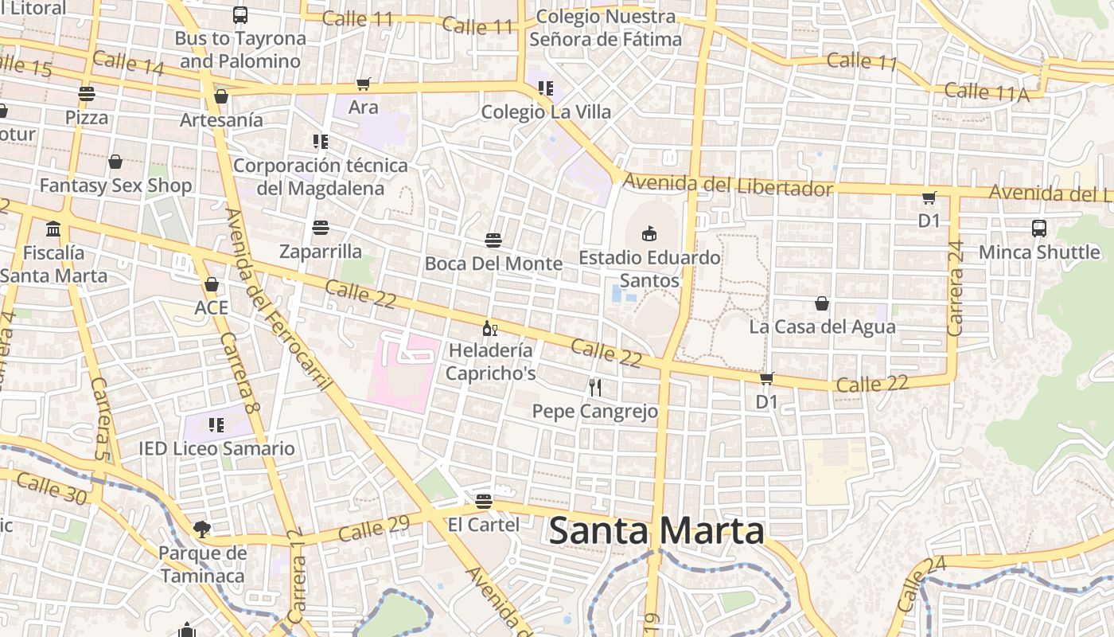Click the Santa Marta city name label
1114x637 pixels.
coord(656,531)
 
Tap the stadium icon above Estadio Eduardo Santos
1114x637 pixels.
coord(649,233)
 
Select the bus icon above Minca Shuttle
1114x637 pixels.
coord(1038,229)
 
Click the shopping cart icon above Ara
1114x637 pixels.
coord(363,84)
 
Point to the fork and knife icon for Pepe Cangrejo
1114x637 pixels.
coord(594,388)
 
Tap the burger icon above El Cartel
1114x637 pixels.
coord(483,502)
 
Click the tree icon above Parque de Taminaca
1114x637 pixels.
coord(202,529)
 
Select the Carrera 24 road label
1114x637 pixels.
coord(956,288)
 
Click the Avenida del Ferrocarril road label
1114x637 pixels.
coord(278,300)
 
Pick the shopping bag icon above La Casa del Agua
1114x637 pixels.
coord(822,303)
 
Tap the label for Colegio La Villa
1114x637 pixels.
coord(546,111)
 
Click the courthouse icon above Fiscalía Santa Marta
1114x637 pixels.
coord(53,229)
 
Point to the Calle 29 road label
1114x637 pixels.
coord(374,528)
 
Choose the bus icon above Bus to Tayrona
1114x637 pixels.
coord(240,14)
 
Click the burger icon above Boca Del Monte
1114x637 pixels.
coord(493,240)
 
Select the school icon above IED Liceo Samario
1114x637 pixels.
coord(216,425)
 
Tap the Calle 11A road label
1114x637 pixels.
coord(987,92)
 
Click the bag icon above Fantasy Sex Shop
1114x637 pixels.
coord(115,162)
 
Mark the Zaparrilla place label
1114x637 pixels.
coord(321,252)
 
